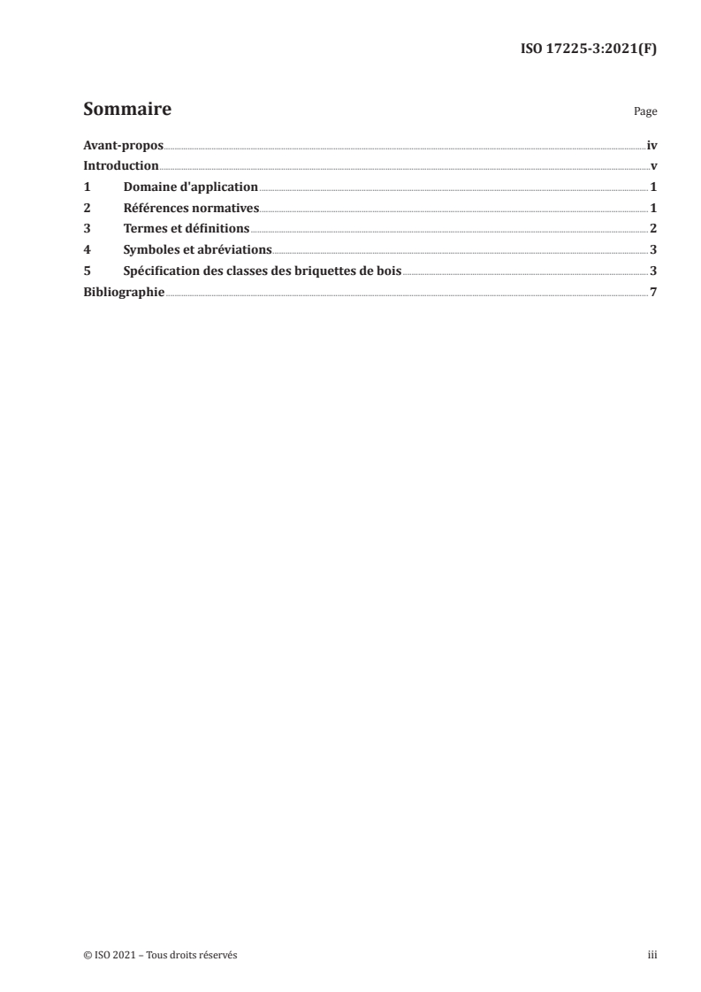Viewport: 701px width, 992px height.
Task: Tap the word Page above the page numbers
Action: (645, 113)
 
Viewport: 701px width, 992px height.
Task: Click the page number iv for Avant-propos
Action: (651, 145)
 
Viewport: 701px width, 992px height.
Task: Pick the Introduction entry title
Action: (121, 166)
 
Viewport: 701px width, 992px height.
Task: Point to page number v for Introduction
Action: (653, 166)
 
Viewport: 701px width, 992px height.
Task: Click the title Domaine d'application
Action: (190, 187)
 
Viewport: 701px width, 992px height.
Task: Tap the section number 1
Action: (87, 187)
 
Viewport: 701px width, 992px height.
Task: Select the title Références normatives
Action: (191, 208)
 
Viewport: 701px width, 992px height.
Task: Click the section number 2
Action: (87, 208)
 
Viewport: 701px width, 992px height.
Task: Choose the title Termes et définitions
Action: (187, 229)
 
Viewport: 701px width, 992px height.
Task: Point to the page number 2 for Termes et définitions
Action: (653, 229)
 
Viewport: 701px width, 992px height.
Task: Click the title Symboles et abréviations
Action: (197, 249)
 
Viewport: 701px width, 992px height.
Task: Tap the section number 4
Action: (87, 249)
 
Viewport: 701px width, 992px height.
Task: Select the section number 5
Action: (87, 271)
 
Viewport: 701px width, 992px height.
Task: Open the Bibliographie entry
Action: (124, 292)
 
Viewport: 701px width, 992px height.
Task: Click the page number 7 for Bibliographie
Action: (653, 292)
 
